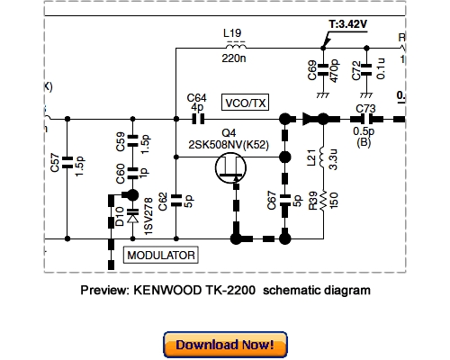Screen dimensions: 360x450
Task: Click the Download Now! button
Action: click(x=225, y=345)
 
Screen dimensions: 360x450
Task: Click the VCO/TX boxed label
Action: click(x=245, y=103)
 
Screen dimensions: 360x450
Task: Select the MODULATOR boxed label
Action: click(x=161, y=256)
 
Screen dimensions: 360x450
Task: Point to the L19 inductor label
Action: click(x=231, y=34)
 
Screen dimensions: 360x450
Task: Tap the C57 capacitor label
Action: click(x=55, y=163)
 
